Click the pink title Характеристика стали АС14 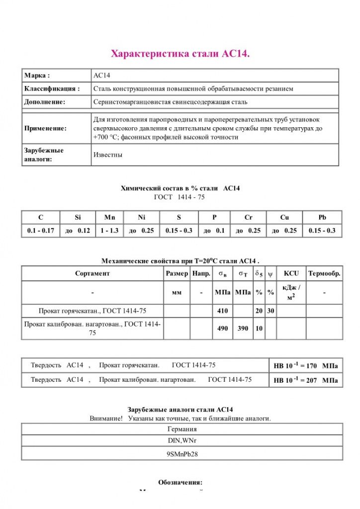(x=180, y=53)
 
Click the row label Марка (x=37, y=76)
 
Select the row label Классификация (x=52, y=88)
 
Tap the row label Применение (x=45, y=128)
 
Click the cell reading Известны (x=108, y=155)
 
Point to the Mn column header (x=109, y=218)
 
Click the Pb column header (x=322, y=218)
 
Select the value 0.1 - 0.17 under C (x=41, y=231)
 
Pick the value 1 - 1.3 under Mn (x=109, y=231)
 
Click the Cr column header (x=248, y=218)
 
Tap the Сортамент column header (x=92, y=273)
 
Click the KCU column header (x=291, y=273)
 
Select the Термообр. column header (x=324, y=273)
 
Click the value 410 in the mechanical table (x=222, y=311)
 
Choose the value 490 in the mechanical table (x=222, y=329)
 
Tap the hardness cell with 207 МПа (x=305, y=381)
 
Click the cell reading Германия (x=182, y=429)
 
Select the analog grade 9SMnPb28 (x=182, y=454)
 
